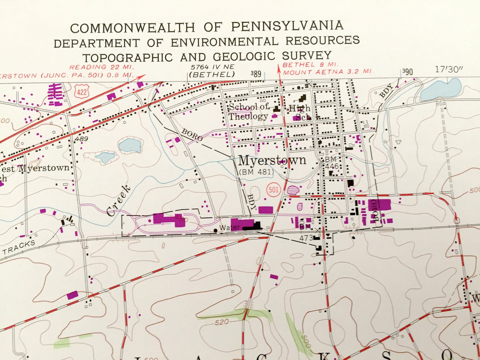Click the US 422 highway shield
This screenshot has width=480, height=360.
(x=82, y=91)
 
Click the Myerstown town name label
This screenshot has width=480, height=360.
(x=272, y=161)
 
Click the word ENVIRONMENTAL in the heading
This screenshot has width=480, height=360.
(x=225, y=42)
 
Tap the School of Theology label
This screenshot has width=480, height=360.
(x=248, y=112)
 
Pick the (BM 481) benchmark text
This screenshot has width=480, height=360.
(x=256, y=172)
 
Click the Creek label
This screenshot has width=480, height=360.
(x=119, y=201)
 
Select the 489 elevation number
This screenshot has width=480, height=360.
(x=81, y=139)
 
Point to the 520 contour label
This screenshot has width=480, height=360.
(x=222, y=322)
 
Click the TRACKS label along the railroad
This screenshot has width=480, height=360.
(x=19, y=247)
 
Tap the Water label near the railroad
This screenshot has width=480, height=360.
(x=230, y=228)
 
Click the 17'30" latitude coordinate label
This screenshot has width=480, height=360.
(x=449, y=69)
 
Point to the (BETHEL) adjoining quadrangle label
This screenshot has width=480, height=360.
(x=212, y=74)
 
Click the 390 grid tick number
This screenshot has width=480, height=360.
(x=407, y=72)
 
